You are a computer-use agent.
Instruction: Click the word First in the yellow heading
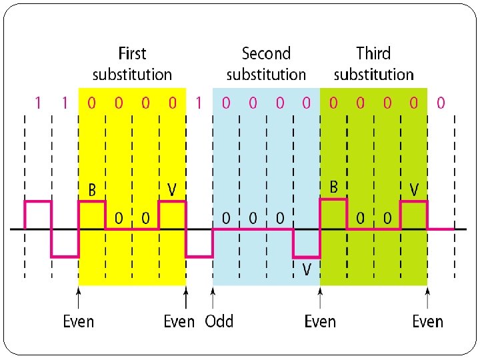132,53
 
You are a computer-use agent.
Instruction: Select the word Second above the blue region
266,53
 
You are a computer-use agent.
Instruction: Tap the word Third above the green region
373,53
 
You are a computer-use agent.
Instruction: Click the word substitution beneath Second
266,74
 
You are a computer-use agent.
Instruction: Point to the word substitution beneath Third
373,74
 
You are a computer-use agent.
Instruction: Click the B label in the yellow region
93,191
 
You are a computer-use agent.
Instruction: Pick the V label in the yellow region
172,191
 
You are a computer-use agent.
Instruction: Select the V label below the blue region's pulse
307,269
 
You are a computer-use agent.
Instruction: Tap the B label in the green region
334,187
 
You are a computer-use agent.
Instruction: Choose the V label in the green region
414,191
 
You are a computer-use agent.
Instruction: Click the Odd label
219,321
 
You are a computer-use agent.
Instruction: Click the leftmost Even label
79,321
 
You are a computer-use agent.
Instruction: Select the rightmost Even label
427,321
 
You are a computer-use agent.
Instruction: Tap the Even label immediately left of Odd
179,321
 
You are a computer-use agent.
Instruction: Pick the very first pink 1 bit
38,103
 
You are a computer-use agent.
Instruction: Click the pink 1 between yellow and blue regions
199,103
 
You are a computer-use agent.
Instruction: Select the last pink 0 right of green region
440,103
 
